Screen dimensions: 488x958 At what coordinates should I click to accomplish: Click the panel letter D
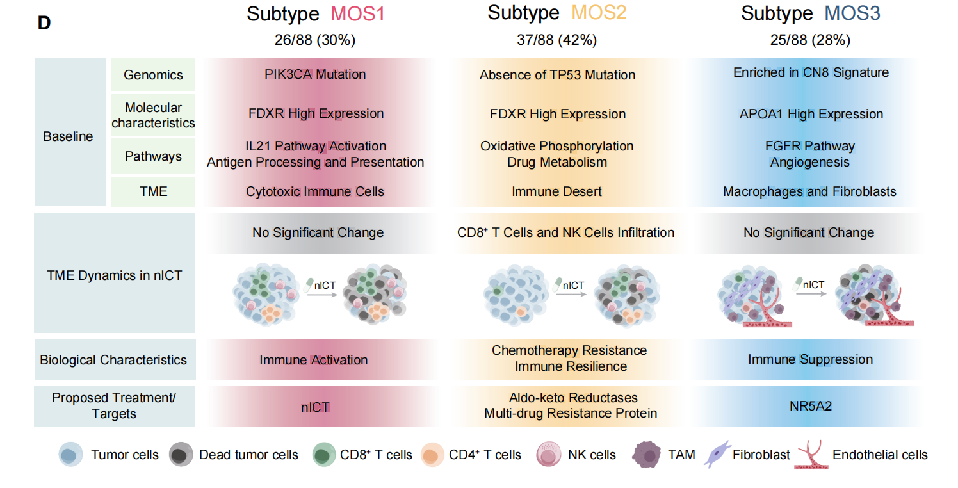[x=44, y=22]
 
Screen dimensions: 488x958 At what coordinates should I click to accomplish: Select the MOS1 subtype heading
[x=315, y=14]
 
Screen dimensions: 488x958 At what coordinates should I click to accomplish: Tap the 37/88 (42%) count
[x=556, y=40]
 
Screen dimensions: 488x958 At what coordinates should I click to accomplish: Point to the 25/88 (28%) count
[x=810, y=40]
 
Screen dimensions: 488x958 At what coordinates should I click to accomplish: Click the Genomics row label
[x=153, y=75]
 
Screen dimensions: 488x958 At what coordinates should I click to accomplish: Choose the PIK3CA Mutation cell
[x=315, y=74]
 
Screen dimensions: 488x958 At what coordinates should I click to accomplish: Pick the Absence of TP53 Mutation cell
[x=557, y=75]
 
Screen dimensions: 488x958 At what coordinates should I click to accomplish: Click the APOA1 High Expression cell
[x=811, y=114]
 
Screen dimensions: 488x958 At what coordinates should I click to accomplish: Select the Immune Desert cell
[x=556, y=191]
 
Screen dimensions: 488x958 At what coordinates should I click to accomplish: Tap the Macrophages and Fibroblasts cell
[x=809, y=191]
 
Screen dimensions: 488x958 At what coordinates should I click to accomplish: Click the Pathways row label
[x=153, y=156]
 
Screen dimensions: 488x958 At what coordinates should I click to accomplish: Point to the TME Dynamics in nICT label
[x=115, y=275]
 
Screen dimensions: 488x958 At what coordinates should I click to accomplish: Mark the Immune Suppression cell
[x=810, y=359]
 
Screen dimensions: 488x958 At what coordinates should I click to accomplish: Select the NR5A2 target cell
[x=810, y=405]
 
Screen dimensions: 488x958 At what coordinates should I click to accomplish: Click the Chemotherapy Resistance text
[x=569, y=351]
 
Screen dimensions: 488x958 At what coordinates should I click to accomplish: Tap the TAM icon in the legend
[x=646, y=455]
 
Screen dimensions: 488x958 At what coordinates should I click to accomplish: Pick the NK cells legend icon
[x=547, y=455]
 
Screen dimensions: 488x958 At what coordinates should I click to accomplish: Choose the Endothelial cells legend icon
[x=810, y=455]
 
